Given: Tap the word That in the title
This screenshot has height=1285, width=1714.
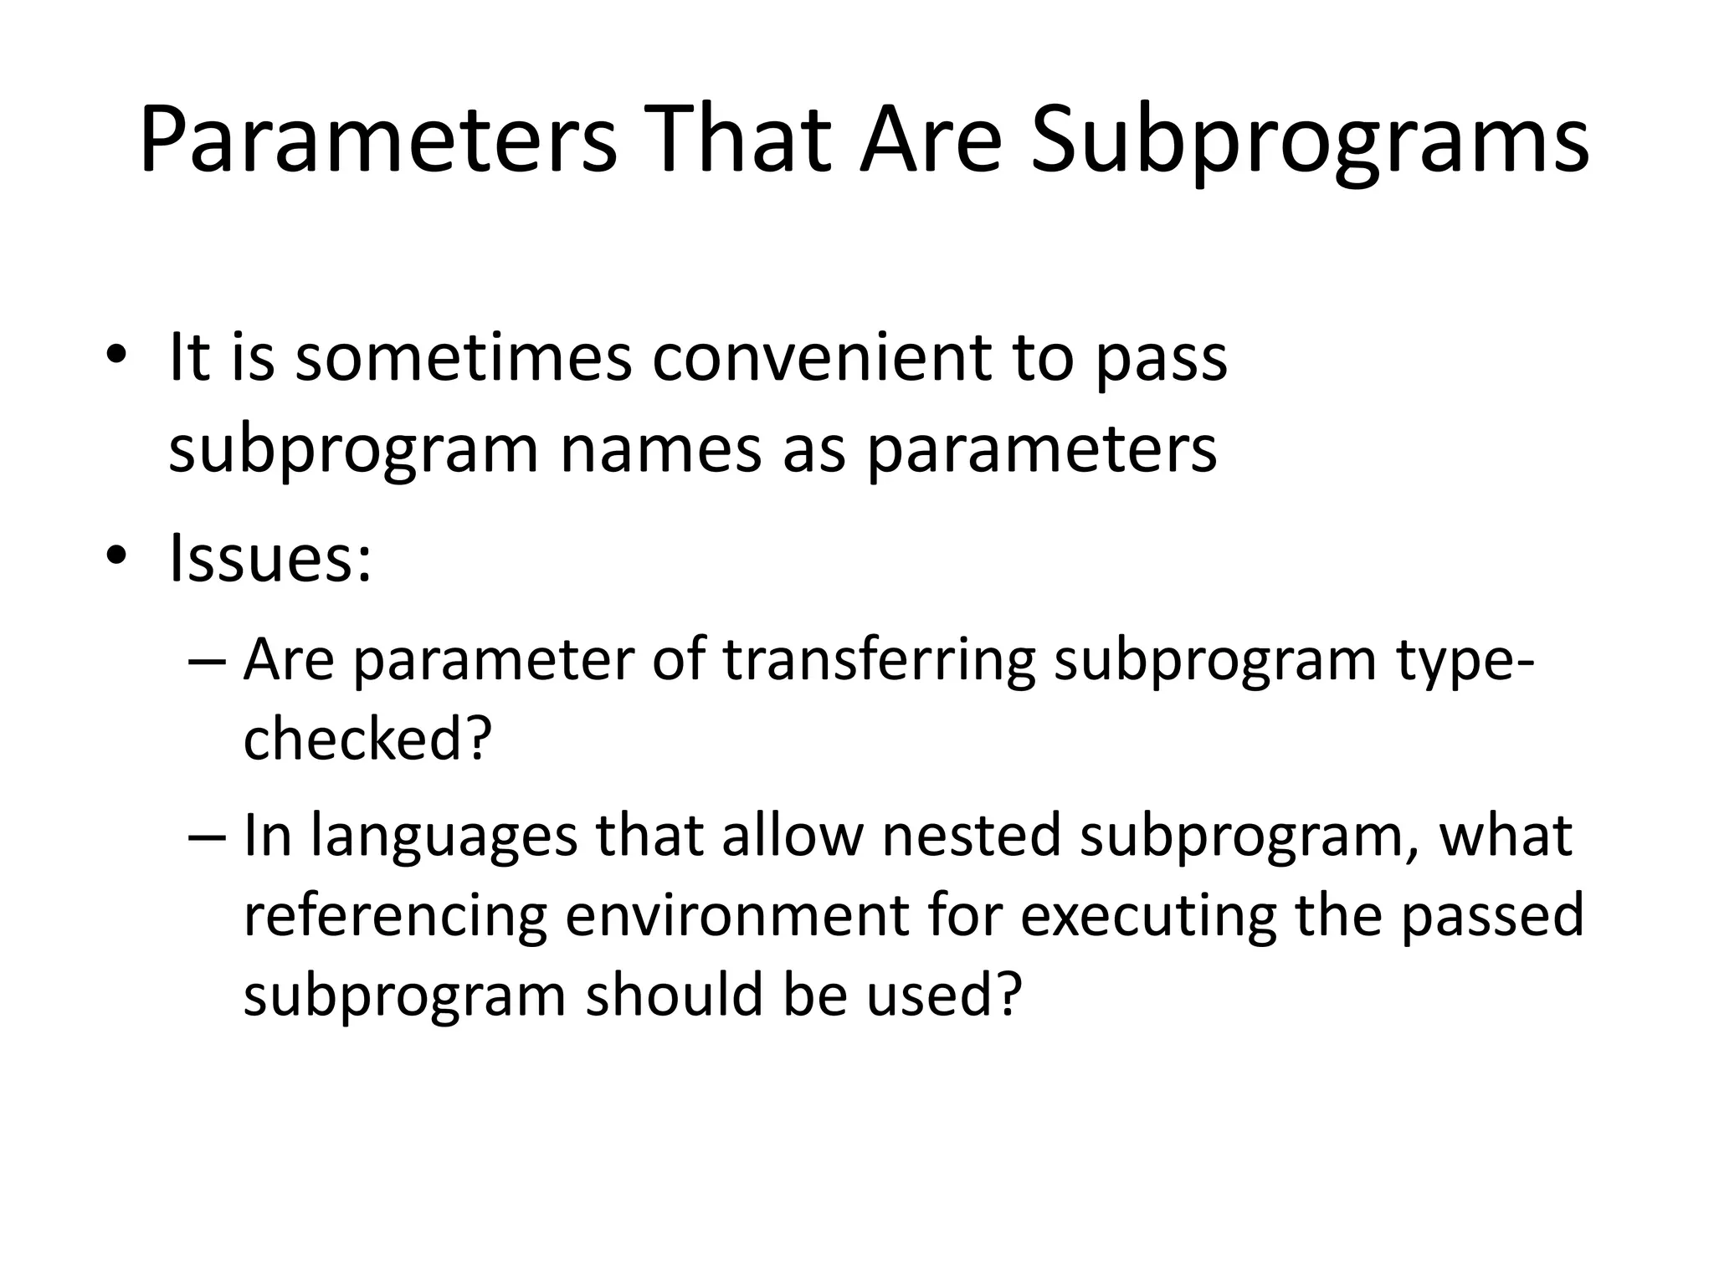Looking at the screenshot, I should tap(736, 139).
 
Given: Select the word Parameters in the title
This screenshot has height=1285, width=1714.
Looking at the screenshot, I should tap(377, 139).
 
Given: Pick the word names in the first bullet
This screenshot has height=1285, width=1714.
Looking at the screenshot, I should tap(660, 448).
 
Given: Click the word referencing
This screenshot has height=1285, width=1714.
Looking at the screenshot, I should tap(395, 915).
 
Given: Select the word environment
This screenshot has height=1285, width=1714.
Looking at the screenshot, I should tap(736, 915).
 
